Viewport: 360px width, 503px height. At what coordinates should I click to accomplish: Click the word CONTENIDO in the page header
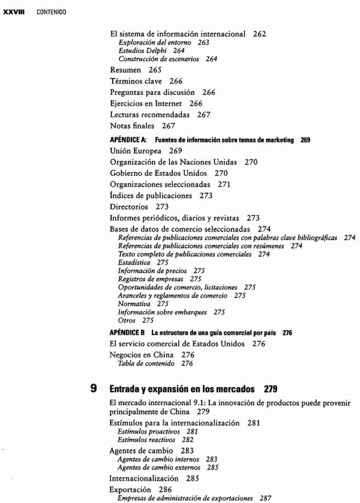point(51,12)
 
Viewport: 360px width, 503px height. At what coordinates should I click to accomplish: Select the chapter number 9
point(94,390)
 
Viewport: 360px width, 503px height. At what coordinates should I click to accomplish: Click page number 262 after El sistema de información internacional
point(259,34)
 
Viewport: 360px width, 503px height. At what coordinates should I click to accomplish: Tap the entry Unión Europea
point(136,151)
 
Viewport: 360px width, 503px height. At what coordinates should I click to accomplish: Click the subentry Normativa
point(134,304)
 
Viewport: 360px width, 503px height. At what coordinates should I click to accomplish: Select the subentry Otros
point(128,321)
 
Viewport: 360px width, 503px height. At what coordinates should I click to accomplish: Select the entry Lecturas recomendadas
point(149,115)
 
